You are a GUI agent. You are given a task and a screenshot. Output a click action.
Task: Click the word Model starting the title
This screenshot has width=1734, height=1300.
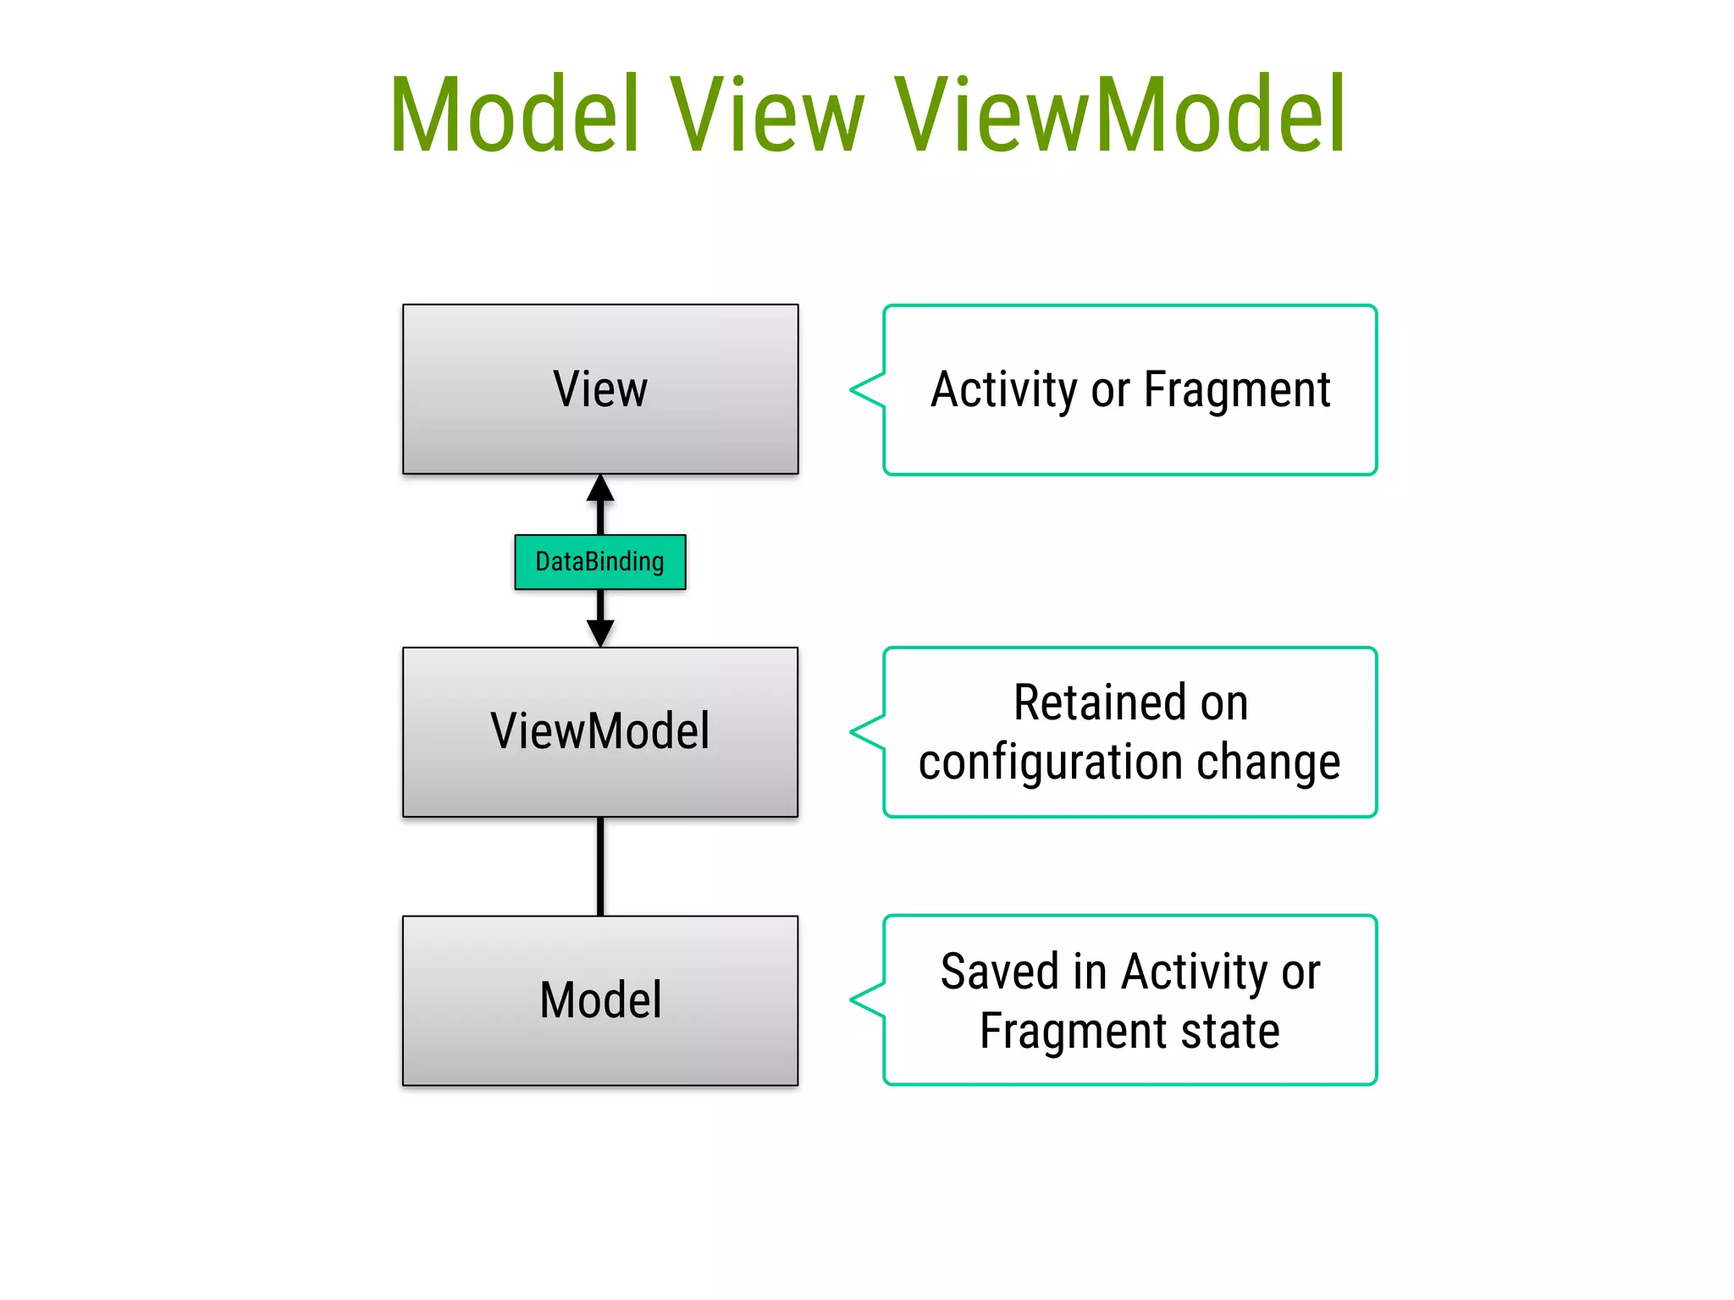(514, 114)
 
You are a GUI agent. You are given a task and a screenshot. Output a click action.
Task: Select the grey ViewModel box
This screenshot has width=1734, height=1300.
(600, 779)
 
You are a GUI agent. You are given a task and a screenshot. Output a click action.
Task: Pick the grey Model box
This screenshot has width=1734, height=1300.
(600, 1049)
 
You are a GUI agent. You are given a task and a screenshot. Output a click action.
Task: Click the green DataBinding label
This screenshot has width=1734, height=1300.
(600, 562)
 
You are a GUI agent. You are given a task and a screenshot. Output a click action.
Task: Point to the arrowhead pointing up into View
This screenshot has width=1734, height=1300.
(600, 488)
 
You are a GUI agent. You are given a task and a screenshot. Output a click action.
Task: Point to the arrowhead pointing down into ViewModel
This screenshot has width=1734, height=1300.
(600, 633)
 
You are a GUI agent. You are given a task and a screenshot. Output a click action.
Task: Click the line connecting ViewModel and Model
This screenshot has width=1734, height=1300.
(600, 866)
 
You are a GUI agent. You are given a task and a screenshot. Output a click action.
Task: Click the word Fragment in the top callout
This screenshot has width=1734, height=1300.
(1237, 390)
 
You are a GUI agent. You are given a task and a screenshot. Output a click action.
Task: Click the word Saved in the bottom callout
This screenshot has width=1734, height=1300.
(999, 971)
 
